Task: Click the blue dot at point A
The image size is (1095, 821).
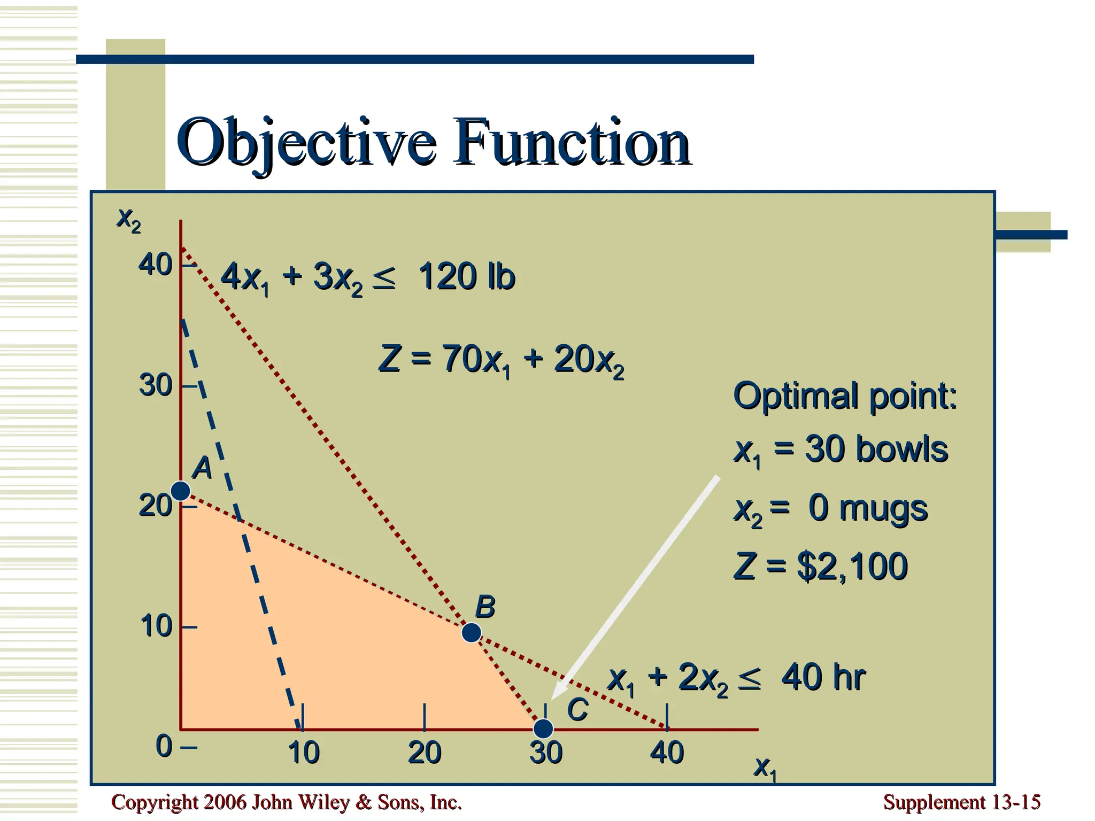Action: (181, 490)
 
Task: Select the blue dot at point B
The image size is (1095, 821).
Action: (471, 632)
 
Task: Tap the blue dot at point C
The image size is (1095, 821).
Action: (543, 728)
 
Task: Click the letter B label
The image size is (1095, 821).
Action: (485, 607)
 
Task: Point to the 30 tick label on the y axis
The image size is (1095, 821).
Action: (155, 385)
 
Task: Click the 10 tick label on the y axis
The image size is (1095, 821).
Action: (156, 626)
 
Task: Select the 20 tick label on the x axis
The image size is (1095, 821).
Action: (425, 753)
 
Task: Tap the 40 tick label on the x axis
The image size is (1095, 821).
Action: (667, 753)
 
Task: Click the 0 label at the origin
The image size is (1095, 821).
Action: (164, 746)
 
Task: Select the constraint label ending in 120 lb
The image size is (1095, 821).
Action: (368, 277)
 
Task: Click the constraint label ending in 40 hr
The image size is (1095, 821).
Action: (736, 678)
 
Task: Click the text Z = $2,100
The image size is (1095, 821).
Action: (821, 567)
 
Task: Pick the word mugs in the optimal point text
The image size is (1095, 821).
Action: (883, 508)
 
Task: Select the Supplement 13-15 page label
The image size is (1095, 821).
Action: (961, 802)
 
